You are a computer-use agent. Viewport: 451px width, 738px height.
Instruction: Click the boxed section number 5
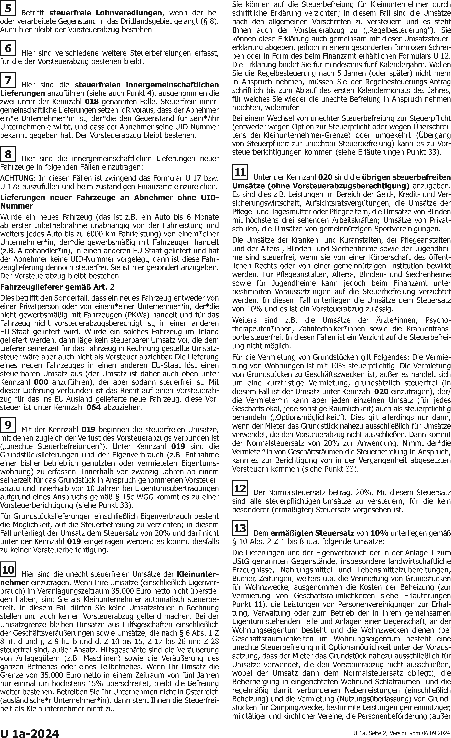[8, 8]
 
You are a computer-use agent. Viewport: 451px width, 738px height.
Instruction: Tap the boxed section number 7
[8, 80]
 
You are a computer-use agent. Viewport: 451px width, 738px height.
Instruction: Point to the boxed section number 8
[8, 154]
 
